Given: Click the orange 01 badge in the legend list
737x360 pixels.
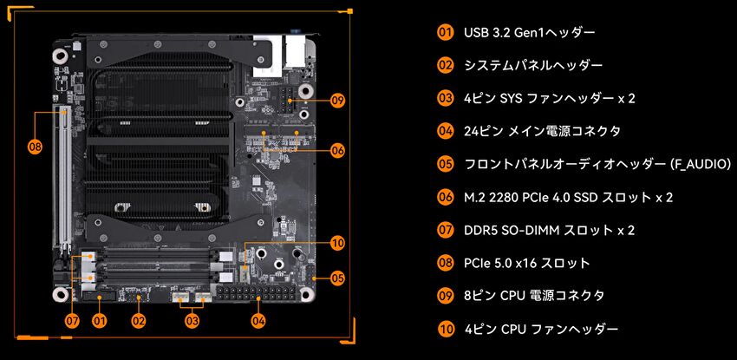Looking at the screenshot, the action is (x=445, y=32).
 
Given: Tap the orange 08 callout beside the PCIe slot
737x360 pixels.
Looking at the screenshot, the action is (x=35, y=147).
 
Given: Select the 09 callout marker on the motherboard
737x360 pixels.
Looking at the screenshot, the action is (x=337, y=101).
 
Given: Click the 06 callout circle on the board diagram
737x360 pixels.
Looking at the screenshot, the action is (x=337, y=150).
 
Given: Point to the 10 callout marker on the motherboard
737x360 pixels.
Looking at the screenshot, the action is (x=337, y=243).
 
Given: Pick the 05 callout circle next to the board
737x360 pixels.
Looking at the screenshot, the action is (x=337, y=278).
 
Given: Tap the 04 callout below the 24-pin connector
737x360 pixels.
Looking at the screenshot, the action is (x=258, y=321).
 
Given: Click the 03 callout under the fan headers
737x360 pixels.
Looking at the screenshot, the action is (x=192, y=321).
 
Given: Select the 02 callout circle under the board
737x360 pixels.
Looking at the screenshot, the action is (x=138, y=321).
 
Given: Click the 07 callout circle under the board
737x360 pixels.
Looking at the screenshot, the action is (x=72, y=321).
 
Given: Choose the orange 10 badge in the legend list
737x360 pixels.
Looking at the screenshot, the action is (x=445, y=329).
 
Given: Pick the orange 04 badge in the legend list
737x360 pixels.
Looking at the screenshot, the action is (x=445, y=131).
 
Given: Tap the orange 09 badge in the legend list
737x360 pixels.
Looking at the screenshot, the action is (x=445, y=296).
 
